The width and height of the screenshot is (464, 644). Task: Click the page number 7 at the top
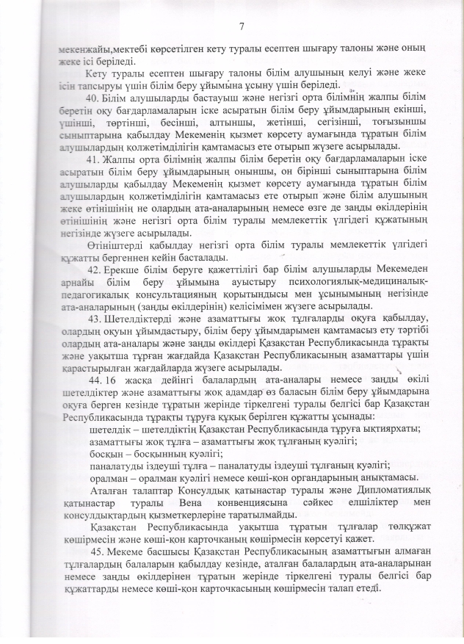coord(242,27)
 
